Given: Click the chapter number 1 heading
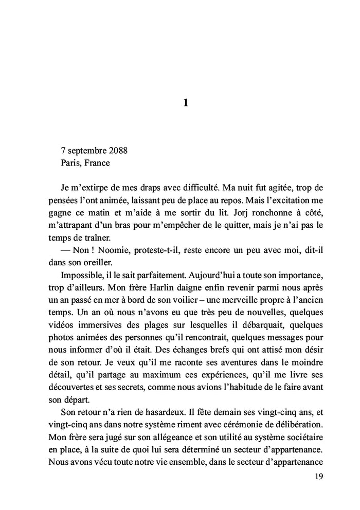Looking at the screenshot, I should (186, 103).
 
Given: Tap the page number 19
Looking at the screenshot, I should (318, 477).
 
